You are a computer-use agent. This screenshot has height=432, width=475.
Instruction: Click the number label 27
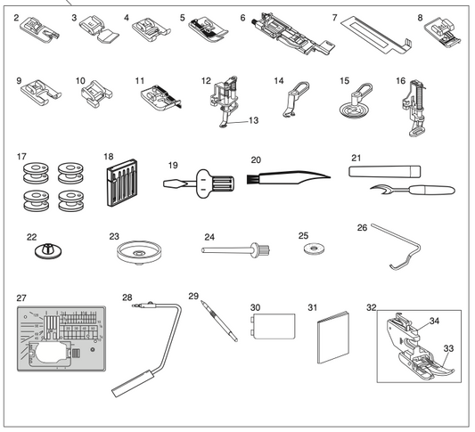pyautogui.click(x=22, y=297)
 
